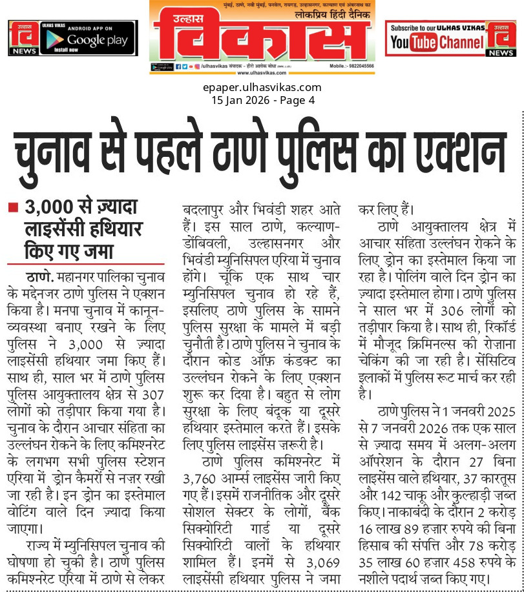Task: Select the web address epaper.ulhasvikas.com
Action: tap(262, 87)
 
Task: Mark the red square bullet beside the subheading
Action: tap(12, 208)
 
